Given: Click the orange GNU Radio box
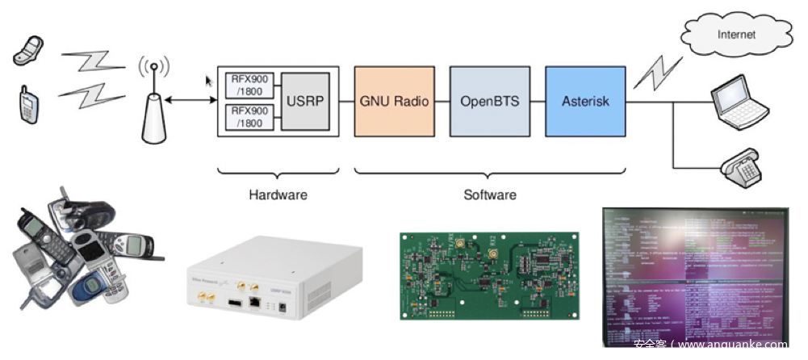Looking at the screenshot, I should (395, 102).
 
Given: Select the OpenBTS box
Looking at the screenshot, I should (490, 102).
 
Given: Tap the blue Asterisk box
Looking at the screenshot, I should (585, 102).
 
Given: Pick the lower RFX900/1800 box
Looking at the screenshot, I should (251, 116).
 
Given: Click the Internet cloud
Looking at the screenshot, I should (735, 34).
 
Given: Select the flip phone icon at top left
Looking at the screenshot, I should (28, 50).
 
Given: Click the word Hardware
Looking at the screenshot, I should (278, 195).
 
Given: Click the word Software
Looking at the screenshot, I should (489, 195).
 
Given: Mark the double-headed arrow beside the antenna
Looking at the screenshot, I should (190, 101).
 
